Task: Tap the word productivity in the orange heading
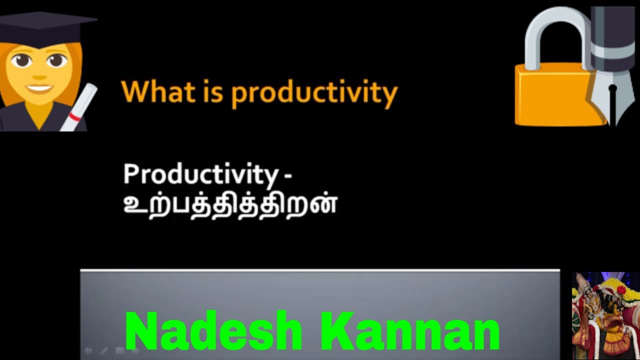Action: [314, 93]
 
